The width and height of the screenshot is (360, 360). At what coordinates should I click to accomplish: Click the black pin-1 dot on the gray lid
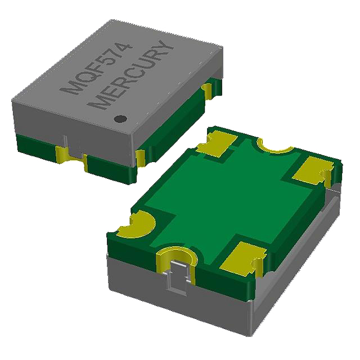click(x=119, y=119)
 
